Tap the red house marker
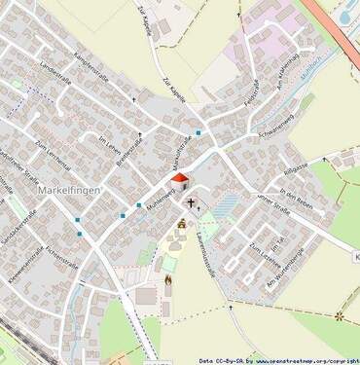[x=178, y=179]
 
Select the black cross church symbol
[x=192, y=204]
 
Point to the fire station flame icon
[x=167, y=285]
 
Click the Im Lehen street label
[x=112, y=148]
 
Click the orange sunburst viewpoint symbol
[x=340, y=316]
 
